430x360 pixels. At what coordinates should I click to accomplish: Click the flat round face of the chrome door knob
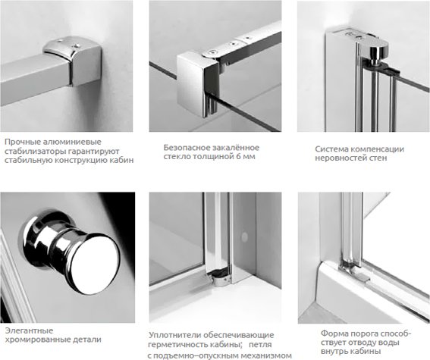96,264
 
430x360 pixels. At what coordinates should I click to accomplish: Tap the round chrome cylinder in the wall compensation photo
378,56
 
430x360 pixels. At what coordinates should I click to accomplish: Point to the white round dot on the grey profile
244,237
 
